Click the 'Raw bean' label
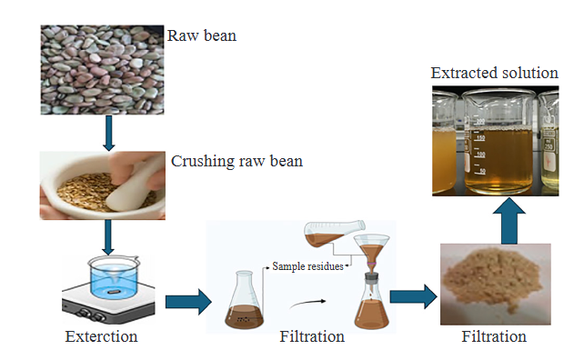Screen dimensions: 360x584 202,37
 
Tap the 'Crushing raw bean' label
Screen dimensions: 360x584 237,162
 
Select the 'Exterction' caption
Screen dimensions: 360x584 101,337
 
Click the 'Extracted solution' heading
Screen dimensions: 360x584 494,72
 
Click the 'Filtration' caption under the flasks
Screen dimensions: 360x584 313,337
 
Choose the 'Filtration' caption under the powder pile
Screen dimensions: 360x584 494,336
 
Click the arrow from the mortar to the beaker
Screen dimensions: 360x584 109,236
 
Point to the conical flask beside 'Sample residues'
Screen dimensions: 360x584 244,301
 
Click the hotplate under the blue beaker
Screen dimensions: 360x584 107,305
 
